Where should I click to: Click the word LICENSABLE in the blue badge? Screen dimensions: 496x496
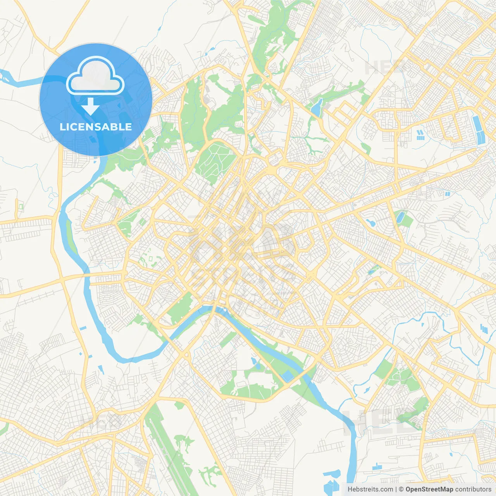(95, 127)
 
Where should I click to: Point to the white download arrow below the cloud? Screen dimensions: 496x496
(90, 107)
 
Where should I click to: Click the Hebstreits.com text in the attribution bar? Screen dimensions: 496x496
(370, 489)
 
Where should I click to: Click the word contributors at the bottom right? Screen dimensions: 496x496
(473, 489)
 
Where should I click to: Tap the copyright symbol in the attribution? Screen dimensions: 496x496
(401, 489)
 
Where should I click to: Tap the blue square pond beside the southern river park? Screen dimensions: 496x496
(288, 375)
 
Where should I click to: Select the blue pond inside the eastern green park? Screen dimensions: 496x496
(400, 217)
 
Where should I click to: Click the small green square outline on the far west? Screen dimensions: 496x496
(21, 207)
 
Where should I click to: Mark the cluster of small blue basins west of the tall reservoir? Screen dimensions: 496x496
(420, 134)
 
